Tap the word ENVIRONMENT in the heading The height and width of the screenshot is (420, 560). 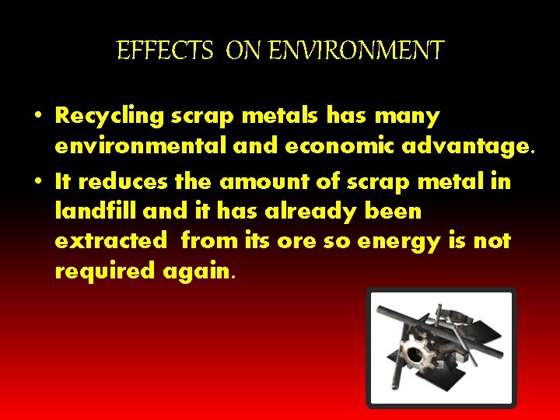356,51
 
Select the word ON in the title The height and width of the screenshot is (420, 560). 244,51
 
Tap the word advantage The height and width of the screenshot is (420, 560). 455,147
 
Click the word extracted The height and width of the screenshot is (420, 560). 110,241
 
